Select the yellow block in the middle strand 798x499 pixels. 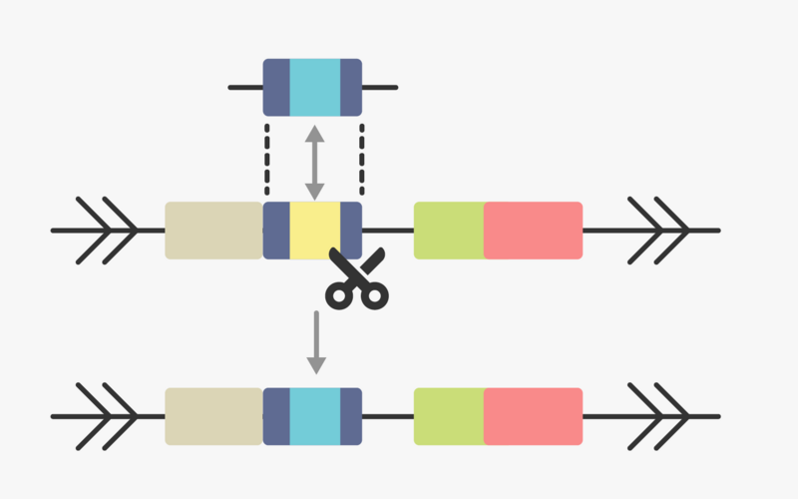[x=314, y=231]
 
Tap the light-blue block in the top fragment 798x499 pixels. [x=314, y=87]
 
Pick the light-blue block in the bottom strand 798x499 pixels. [x=314, y=416]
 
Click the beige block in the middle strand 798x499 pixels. [x=213, y=231]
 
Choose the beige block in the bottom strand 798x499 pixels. [x=213, y=416]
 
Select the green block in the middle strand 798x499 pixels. [x=449, y=231]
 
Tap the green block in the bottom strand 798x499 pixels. [x=449, y=416]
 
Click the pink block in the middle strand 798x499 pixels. [x=533, y=231]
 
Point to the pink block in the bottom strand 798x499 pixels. [x=533, y=416]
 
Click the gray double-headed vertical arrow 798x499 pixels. [x=314, y=161]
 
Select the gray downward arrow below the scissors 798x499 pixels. [x=316, y=342]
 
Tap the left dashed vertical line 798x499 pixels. [x=267, y=160]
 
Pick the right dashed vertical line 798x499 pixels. [x=361, y=160]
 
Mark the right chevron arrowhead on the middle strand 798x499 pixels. [x=658, y=231]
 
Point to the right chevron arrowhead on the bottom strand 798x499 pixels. [x=658, y=416]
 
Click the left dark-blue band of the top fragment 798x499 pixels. [x=275, y=87]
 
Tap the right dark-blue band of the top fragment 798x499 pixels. [x=351, y=87]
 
